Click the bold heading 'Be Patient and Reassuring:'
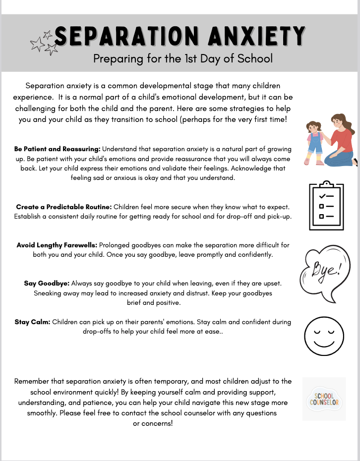point(58,149)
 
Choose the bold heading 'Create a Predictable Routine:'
point(63,207)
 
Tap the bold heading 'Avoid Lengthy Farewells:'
point(57,245)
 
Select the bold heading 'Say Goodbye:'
point(47,284)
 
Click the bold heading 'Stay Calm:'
point(32,322)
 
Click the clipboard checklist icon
point(326,206)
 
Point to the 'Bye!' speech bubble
point(323,272)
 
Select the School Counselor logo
point(324,399)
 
